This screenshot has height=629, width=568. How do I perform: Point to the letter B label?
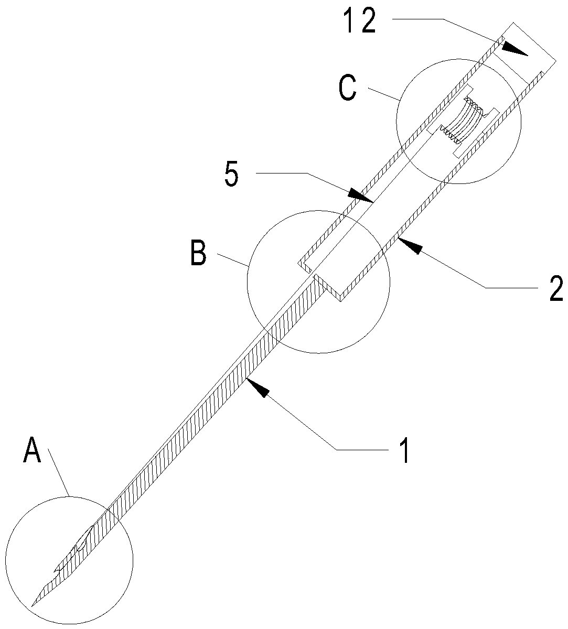point(197,253)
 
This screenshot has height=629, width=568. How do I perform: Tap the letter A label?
point(32,451)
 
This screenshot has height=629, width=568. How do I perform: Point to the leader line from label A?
point(59,472)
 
